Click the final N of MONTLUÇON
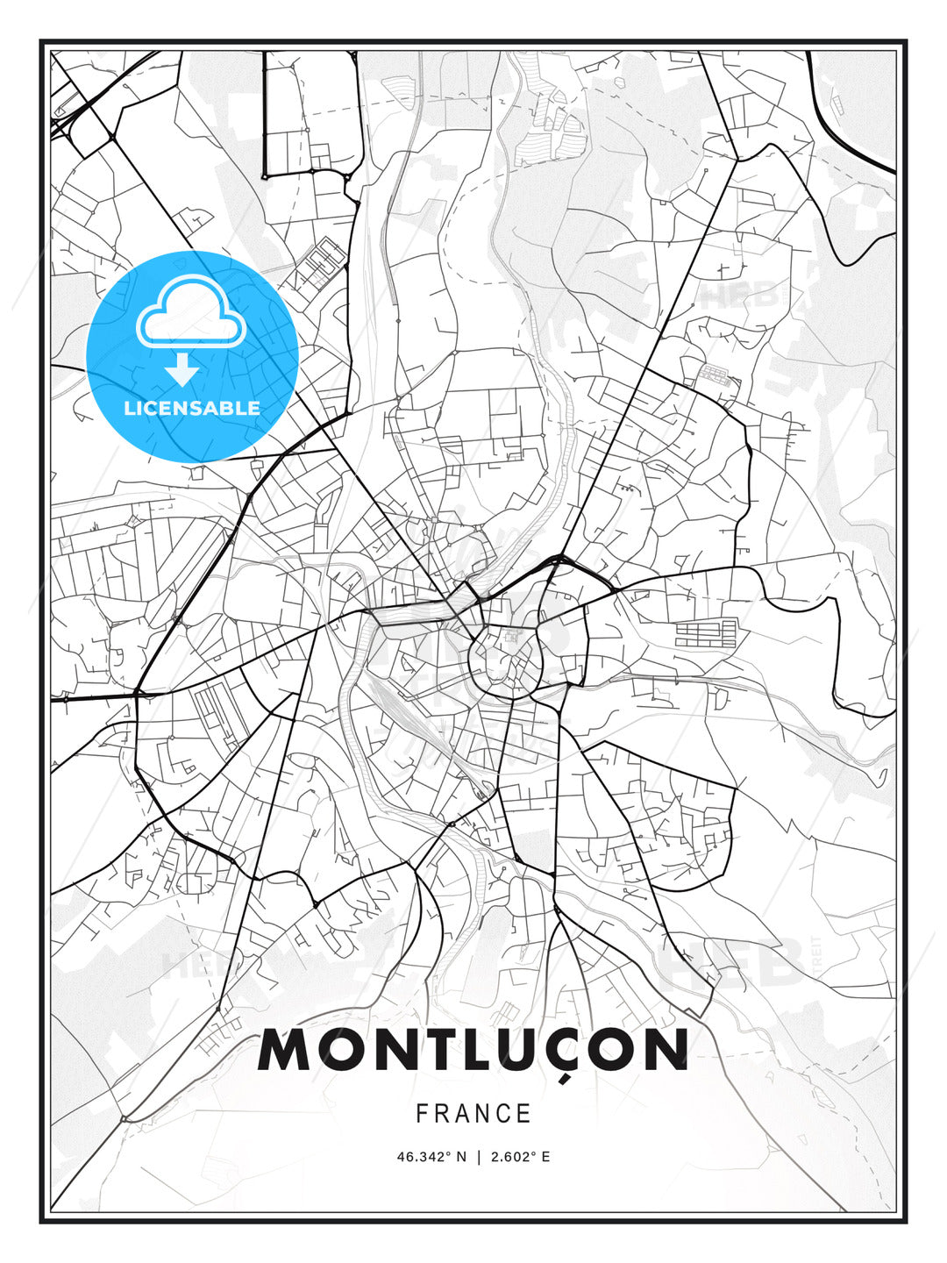coord(664,1051)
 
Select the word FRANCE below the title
coord(473,1114)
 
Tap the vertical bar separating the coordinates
coord(478,1157)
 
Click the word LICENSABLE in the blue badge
coord(192,408)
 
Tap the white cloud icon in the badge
coord(190,314)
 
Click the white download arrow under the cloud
coord(183,370)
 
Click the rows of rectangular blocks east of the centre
coord(707,633)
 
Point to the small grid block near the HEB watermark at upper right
coord(714,377)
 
